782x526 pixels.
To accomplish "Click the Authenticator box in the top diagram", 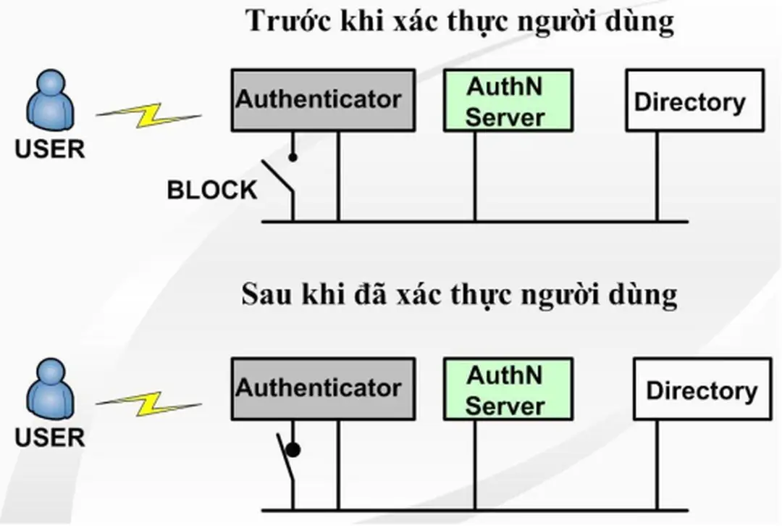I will pyautogui.click(x=323, y=100).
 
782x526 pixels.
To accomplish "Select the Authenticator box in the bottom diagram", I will pyautogui.click(x=323, y=388).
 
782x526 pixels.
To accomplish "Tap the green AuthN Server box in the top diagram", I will pyautogui.click(x=508, y=100).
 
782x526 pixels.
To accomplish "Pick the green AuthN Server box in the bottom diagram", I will pyautogui.click(x=508, y=389).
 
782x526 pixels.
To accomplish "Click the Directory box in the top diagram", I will pyautogui.click(x=694, y=100).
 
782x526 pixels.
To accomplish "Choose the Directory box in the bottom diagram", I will pyautogui.click(x=702, y=389).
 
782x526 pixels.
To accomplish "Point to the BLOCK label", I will pyautogui.click(x=211, y=191).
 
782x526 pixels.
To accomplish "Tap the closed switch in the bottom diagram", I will pyautogui.click(x=287, y=464).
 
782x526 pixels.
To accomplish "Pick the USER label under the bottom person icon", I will pyautogui.click(x=50, y=437).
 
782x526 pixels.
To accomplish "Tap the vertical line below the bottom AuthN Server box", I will pyautogui.click(x=475, y=464).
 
